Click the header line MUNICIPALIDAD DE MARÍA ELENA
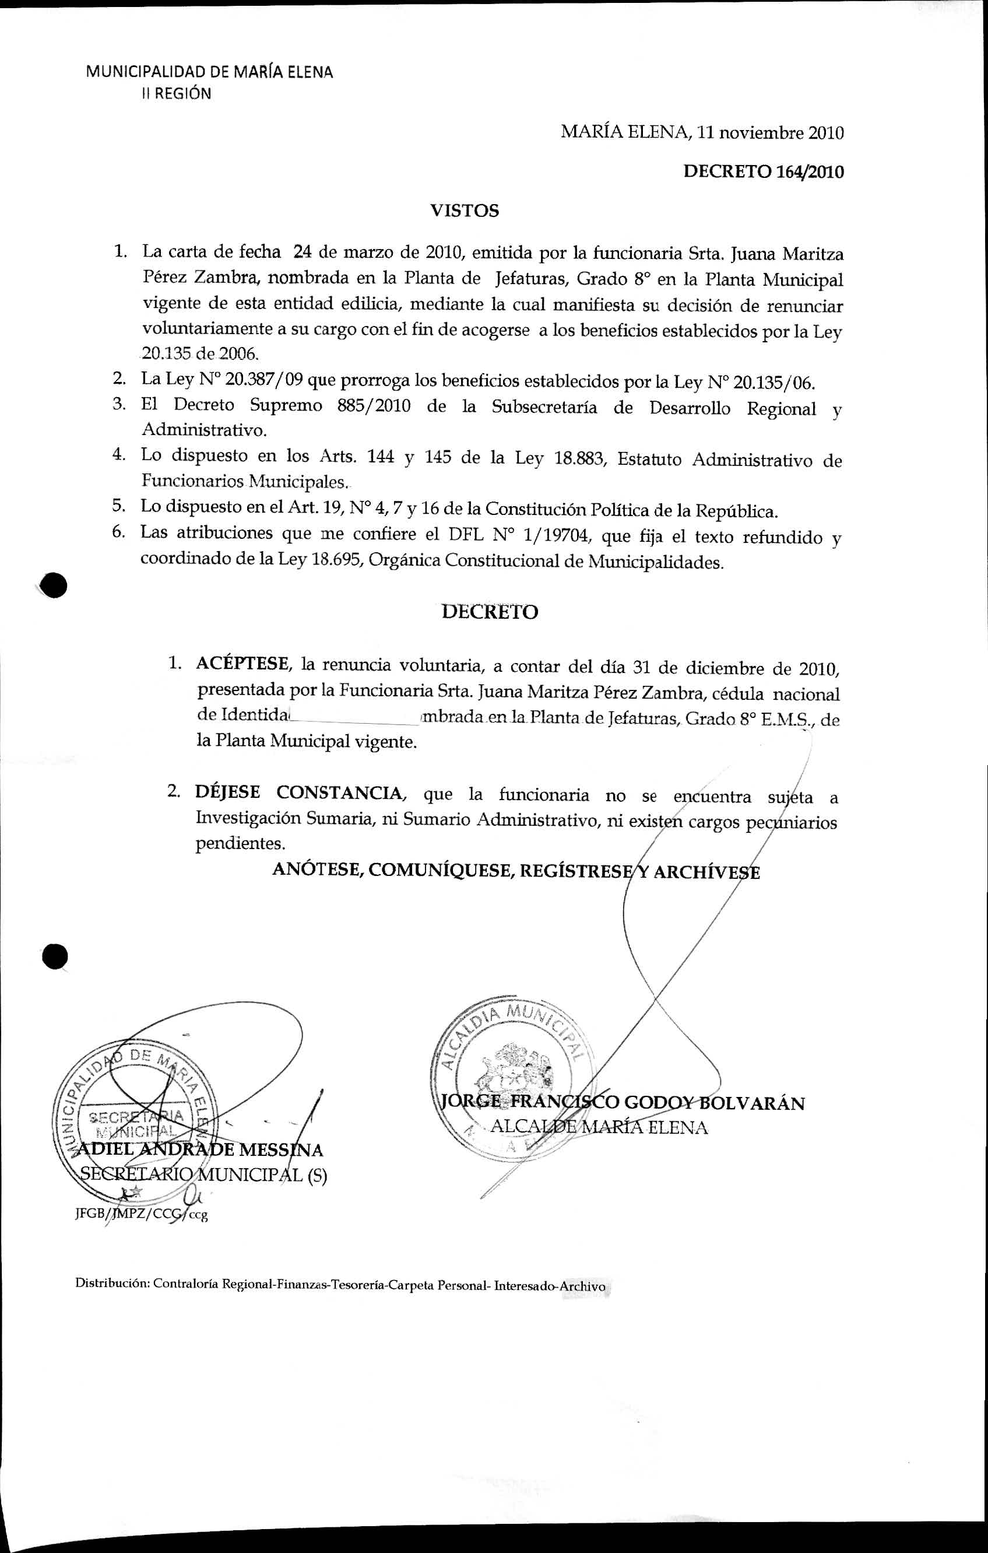209,72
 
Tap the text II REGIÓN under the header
176,94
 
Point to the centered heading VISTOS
464,211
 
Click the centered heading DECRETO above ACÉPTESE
490,611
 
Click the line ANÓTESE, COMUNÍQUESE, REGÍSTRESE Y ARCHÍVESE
516,871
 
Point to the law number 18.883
578,459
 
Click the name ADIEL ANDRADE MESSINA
200,1150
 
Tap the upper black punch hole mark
54,585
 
